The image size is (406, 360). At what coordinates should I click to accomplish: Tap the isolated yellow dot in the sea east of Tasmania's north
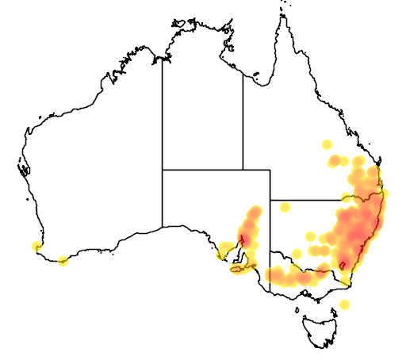343,304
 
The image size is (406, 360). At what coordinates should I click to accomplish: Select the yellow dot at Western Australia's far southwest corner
35,246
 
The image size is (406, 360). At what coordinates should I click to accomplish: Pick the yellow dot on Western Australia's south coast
63,260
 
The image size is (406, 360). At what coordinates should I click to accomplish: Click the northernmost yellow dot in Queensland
326,145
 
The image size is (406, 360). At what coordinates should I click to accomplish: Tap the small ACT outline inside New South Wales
343,264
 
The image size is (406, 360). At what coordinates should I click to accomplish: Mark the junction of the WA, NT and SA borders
163,169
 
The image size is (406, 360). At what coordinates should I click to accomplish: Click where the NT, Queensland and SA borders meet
243,169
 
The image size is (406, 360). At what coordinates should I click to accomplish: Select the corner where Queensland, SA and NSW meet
270,200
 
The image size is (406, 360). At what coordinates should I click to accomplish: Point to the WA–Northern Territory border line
163,111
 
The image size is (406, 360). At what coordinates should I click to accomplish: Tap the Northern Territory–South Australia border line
202,169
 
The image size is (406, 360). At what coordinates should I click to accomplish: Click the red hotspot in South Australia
247,236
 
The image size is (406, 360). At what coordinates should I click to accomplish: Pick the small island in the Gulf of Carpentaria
256,77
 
